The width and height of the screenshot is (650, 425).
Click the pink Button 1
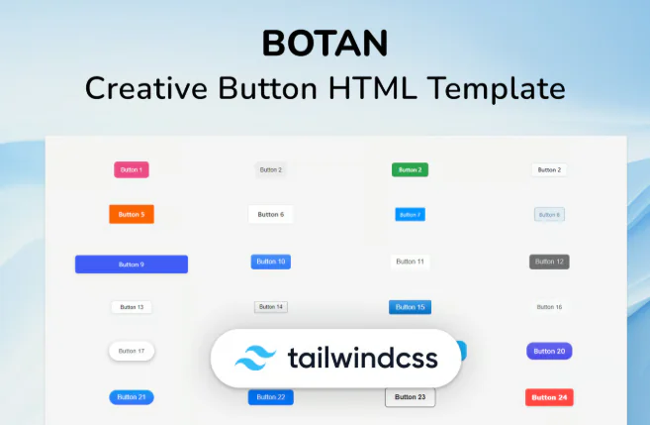point(132,169)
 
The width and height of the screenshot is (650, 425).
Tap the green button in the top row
point(410,169)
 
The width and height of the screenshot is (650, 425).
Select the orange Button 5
point(132,214)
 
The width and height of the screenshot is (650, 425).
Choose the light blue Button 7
point(410,214)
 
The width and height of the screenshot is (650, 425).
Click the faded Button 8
point(549,214)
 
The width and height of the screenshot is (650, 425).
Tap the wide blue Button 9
point(132,265)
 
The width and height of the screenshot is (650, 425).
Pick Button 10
point(270,262)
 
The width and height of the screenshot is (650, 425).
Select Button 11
point(410,262)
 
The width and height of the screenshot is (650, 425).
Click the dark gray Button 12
point(549,262)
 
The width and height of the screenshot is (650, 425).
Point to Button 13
point(132,307)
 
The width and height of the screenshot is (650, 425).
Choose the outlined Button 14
point(270,307)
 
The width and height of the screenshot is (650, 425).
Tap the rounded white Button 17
point(132,351)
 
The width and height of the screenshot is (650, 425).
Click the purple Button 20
point(549,351)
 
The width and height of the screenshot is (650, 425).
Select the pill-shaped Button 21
point(132,397)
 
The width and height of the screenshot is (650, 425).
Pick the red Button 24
point(549,397)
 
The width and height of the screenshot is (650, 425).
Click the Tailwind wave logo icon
point(254,358)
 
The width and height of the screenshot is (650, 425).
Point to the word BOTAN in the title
point(325,43)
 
